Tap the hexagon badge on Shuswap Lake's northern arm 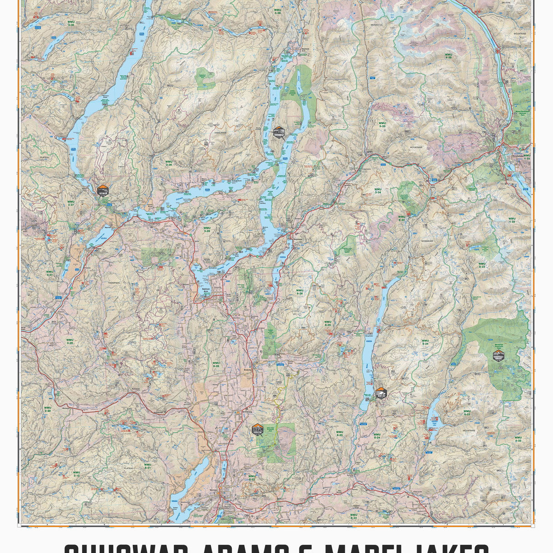tap(278, 132)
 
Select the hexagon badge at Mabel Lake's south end tap(381, 393)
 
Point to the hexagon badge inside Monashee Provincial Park tap(499, 355)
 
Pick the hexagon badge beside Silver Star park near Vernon tap(257, 429)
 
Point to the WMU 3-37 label tap(71, 203)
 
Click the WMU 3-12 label tap(76, 474)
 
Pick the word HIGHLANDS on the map tap(221, 132)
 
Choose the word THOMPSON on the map tap(113, 282)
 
